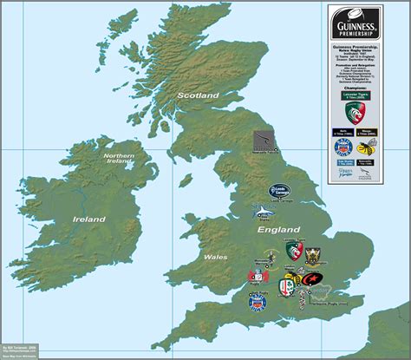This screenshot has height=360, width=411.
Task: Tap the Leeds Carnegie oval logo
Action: tap(277, 189)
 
